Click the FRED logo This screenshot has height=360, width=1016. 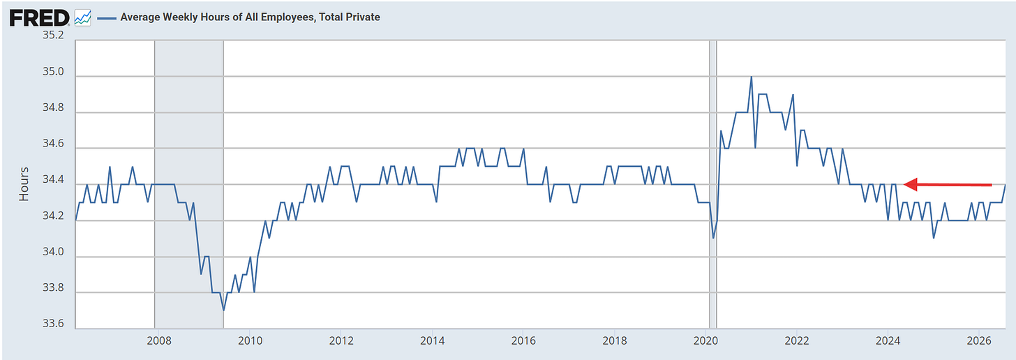(x=40, y=18)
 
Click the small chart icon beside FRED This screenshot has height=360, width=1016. (x=83, y=18)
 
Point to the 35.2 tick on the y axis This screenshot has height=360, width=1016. (x=54, y=36)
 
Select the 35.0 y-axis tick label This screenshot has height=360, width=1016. (x=54, y=72)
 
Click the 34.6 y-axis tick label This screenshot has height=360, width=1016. (x=54, y=144)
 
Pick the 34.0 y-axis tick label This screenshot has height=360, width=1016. (x=54, y=252)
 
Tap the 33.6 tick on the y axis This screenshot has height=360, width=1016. (x=54, y=324)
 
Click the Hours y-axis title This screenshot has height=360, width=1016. (x=24, y=184)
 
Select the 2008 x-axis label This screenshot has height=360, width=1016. (x=159, y=341)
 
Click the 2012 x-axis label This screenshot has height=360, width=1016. (x=341, y=341)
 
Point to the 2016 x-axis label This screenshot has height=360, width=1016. (x=523, y=341)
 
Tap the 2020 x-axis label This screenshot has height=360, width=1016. (x=705, y=341)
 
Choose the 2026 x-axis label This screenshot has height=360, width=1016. (x=979, y=341)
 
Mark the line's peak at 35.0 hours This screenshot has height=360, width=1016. (x=751, y=77)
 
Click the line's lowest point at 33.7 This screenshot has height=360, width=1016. (x=223, y=310)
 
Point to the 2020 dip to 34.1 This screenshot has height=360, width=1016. (x=713, y=238)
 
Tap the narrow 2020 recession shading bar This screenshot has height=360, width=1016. (x=713, y=184)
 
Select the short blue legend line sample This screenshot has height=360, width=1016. (x=107, y=18)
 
